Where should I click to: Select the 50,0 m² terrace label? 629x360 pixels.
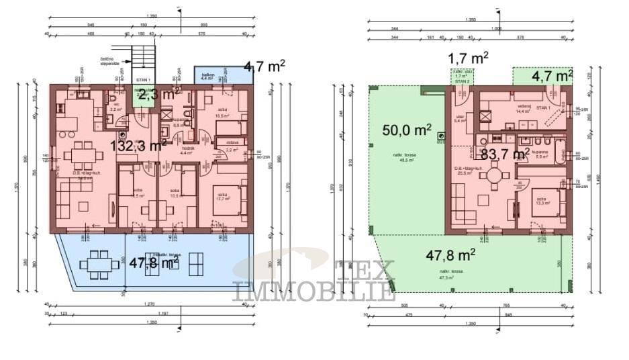(407, 129)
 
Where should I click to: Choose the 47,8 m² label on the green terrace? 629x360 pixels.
(451, 255)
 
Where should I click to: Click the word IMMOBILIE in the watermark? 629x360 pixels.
(313, 291)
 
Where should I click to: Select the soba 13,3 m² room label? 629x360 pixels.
(542, 201)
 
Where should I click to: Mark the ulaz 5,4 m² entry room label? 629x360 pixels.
(461, 119)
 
